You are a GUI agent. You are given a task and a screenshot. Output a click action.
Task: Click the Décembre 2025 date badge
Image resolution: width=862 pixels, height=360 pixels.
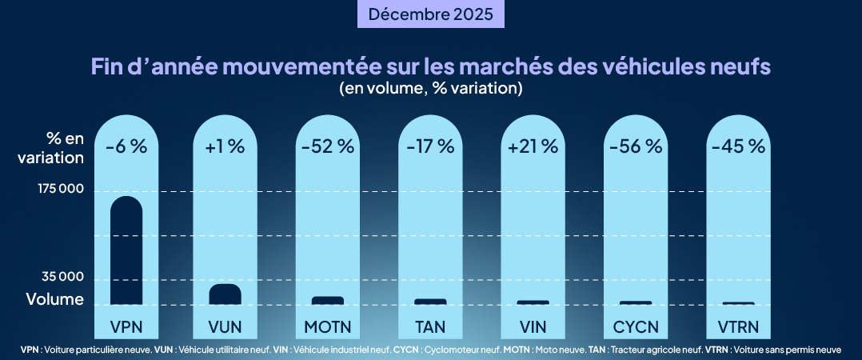(x=430, y=14)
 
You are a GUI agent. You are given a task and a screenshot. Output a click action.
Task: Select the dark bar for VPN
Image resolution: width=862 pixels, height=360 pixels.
(x=126, y=250)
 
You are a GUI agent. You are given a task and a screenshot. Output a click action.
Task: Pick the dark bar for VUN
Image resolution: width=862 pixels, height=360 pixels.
(x=225, y=294)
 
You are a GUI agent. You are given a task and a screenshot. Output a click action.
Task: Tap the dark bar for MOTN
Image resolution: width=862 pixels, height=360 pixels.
(x=327, y=301)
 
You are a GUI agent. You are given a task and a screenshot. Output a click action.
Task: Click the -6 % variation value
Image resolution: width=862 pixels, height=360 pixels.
(x=126, y=146)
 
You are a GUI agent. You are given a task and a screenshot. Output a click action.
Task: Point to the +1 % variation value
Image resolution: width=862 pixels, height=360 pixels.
(x=225, y=146)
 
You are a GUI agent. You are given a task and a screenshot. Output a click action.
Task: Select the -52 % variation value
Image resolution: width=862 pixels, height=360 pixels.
(x=327, y=146)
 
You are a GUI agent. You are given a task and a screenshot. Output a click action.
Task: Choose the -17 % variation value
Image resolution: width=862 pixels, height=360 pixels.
(x=430, y=146)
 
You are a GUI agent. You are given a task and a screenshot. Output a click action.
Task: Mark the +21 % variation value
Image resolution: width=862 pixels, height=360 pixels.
(x=533, y=146)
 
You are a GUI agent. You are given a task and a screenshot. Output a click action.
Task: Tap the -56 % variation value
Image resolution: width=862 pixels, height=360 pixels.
(x=636, y=146)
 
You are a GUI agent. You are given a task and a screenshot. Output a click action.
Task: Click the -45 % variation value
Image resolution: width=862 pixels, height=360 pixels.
(x=738, y=146)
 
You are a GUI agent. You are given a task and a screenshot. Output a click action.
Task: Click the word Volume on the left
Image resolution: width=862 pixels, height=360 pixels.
(x=54, y=300)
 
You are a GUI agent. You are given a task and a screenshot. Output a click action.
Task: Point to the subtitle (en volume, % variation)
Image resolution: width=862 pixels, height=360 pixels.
(x=431, y=88)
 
